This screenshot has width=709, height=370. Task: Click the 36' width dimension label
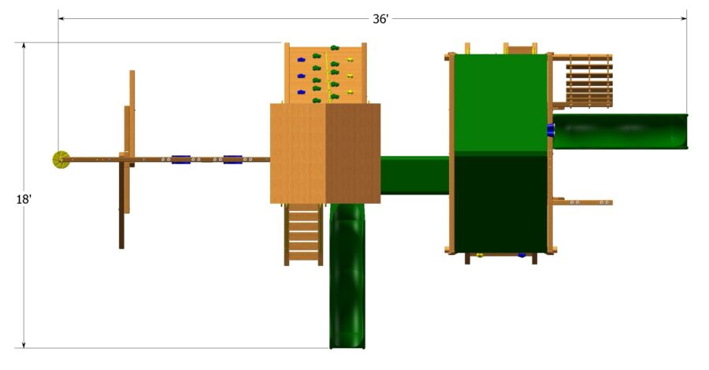(x=380, y=19)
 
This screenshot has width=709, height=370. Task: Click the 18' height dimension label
(x=24, y=200)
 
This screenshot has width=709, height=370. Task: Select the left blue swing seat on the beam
(x=181, y=160)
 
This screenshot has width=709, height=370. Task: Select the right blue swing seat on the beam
(x=232, y=160)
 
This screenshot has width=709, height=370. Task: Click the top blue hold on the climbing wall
(x=300, y=60)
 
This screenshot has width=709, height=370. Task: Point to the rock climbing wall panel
(x=325, y=73)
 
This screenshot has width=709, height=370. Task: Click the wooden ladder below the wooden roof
(x=303, y=234)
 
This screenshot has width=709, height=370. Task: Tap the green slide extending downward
(x=347, y=276)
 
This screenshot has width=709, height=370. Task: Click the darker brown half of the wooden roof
(x=352, y=154)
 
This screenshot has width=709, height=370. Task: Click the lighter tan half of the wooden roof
(x=298, y=154)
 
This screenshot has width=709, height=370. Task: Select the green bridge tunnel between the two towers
(x=414, y=175)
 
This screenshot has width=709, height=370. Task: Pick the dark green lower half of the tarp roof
(x=500, y=203)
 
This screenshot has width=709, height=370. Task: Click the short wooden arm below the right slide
(x=583, y=202)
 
